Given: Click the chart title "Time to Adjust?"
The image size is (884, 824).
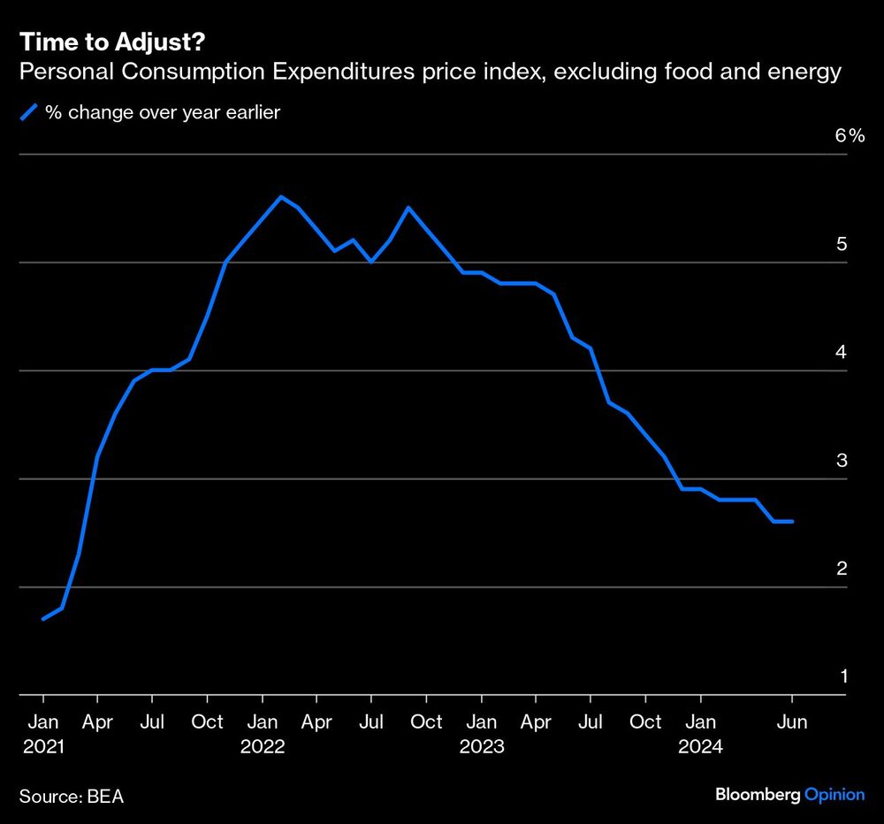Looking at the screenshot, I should pyautogui.click(x=117, y=42).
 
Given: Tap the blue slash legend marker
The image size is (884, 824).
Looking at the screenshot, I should pyautogui.click(x=29, y=112).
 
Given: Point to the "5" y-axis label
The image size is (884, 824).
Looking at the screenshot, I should pyautogui.click(x=842, y=243).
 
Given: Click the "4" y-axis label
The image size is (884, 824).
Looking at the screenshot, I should pyautogui.click(x=842, y=352).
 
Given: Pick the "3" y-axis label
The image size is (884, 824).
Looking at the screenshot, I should pyautogui.click(x=842, y=460).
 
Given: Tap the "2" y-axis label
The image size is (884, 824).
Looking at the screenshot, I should pyautogui.click(x=842, y=568).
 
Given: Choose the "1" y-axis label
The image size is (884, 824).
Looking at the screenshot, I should pyautogui.click(x=842, y=676).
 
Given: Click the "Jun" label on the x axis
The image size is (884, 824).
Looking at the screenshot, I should pyautogui.click(x=792, y=721).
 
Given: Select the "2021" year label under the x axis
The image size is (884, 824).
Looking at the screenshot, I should pyautogui.click(x=42, y=746).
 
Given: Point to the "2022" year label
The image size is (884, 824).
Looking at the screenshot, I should pyautogui.click(x=262, y=746).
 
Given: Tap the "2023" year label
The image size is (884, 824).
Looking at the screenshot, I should pyautogui.click(x=481, y=746).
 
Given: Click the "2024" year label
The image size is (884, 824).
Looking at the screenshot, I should pyautogui.click(x=700, y=746).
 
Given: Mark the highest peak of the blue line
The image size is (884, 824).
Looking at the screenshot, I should pyautogui.click(x=280, y=196).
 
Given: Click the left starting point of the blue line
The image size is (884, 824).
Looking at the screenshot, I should pyautogui.click(x=42, y=619).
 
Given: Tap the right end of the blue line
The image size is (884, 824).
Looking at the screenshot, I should pyautogui.click(x=792, y=522).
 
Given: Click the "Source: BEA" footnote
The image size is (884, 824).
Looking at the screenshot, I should pyautogui.click(x=72, y=796).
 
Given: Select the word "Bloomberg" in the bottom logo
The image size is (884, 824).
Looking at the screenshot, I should pyautogui.click(x=758, y=795).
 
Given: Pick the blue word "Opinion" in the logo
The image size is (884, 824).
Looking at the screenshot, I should pyautogui.click(x=834, y=795).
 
